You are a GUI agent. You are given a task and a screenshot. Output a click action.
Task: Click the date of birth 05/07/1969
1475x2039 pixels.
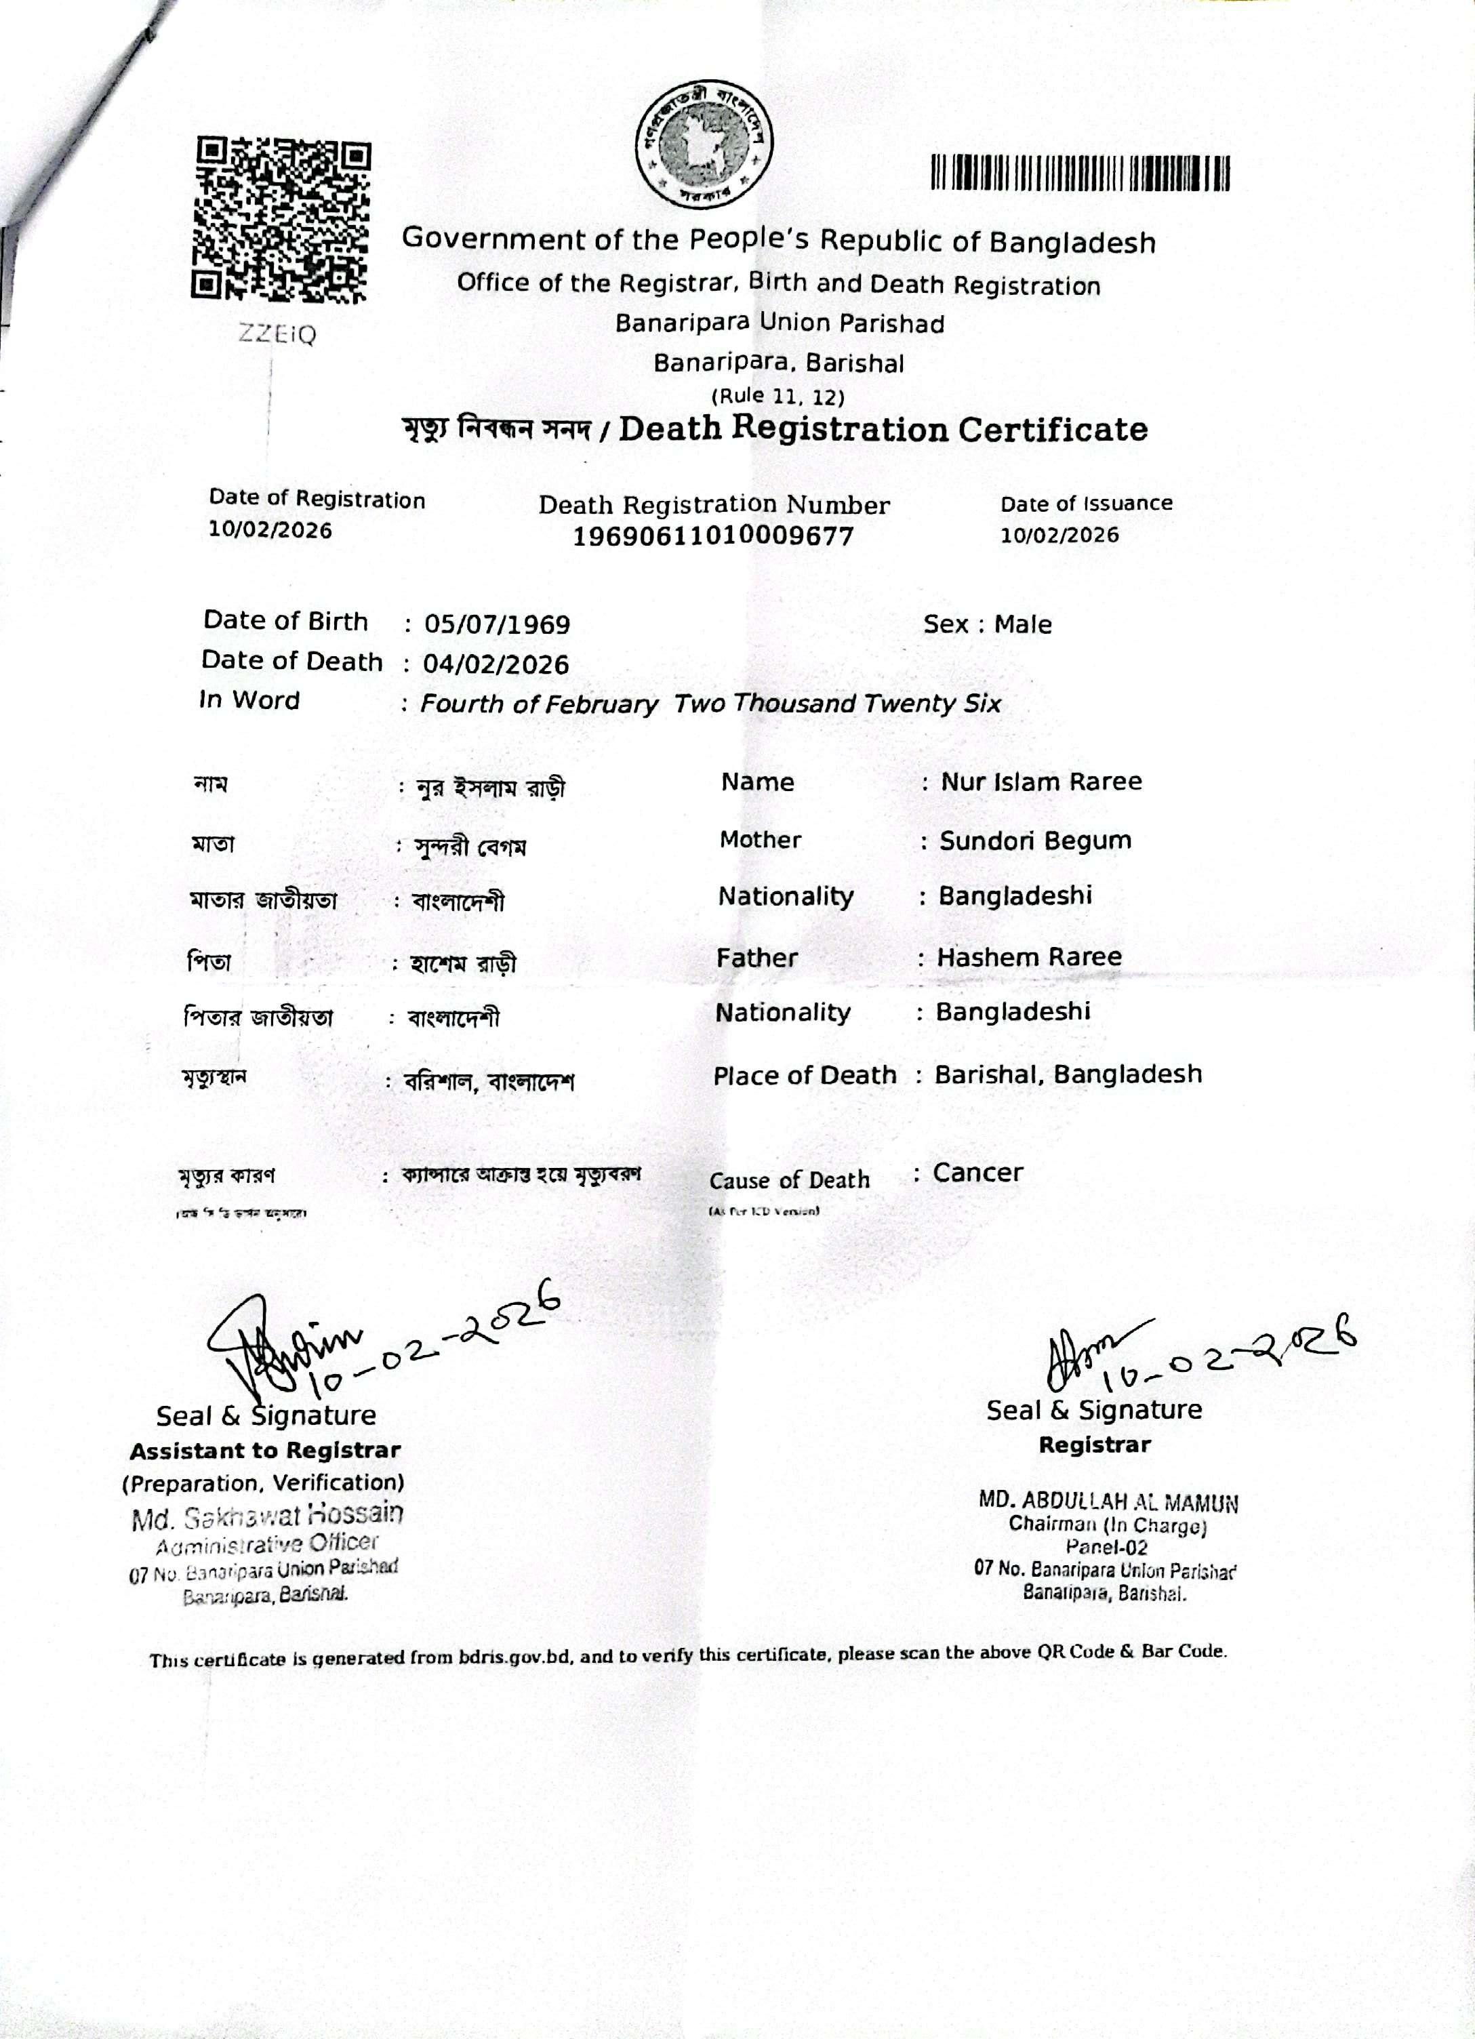tap(496, 624)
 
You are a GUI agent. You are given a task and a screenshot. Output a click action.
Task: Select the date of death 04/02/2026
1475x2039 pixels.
tap(496, 664)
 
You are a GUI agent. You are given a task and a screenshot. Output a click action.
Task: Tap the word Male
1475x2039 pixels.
tap(1022, 624)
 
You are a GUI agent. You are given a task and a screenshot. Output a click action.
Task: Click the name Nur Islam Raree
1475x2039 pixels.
tap(1041, 782)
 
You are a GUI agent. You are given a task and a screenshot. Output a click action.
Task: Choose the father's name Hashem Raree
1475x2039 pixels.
tap(1029, 956)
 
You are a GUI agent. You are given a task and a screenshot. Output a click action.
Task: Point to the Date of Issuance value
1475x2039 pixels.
tap(1059, 535)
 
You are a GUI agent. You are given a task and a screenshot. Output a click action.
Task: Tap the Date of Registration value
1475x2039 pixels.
tap(270, 529)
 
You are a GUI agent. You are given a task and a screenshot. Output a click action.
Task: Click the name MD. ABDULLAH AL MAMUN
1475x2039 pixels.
tap(1108, 1501)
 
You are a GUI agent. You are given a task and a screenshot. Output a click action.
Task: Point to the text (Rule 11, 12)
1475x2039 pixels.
tap(777, 396)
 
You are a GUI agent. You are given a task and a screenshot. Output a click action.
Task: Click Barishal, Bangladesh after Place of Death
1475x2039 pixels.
tap(1068, 1074)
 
